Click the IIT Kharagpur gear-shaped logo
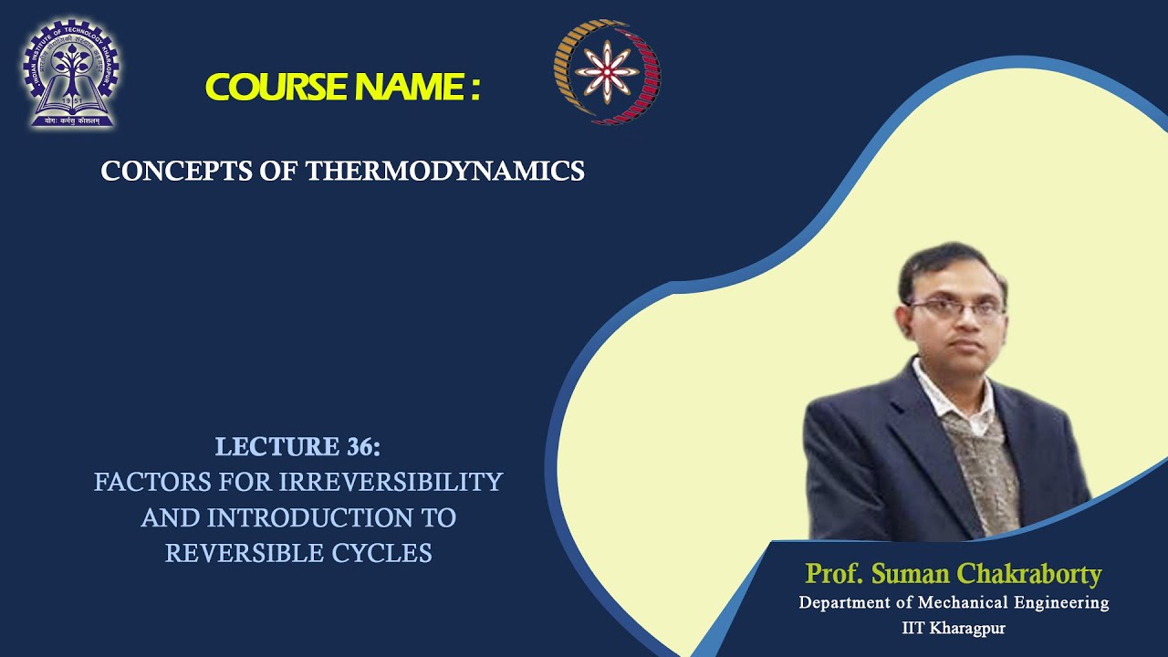70,73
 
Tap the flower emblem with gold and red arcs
607,72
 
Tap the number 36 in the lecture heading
360,447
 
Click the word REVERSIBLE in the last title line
239,553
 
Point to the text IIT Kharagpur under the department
954,628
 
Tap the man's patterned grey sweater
982,465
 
